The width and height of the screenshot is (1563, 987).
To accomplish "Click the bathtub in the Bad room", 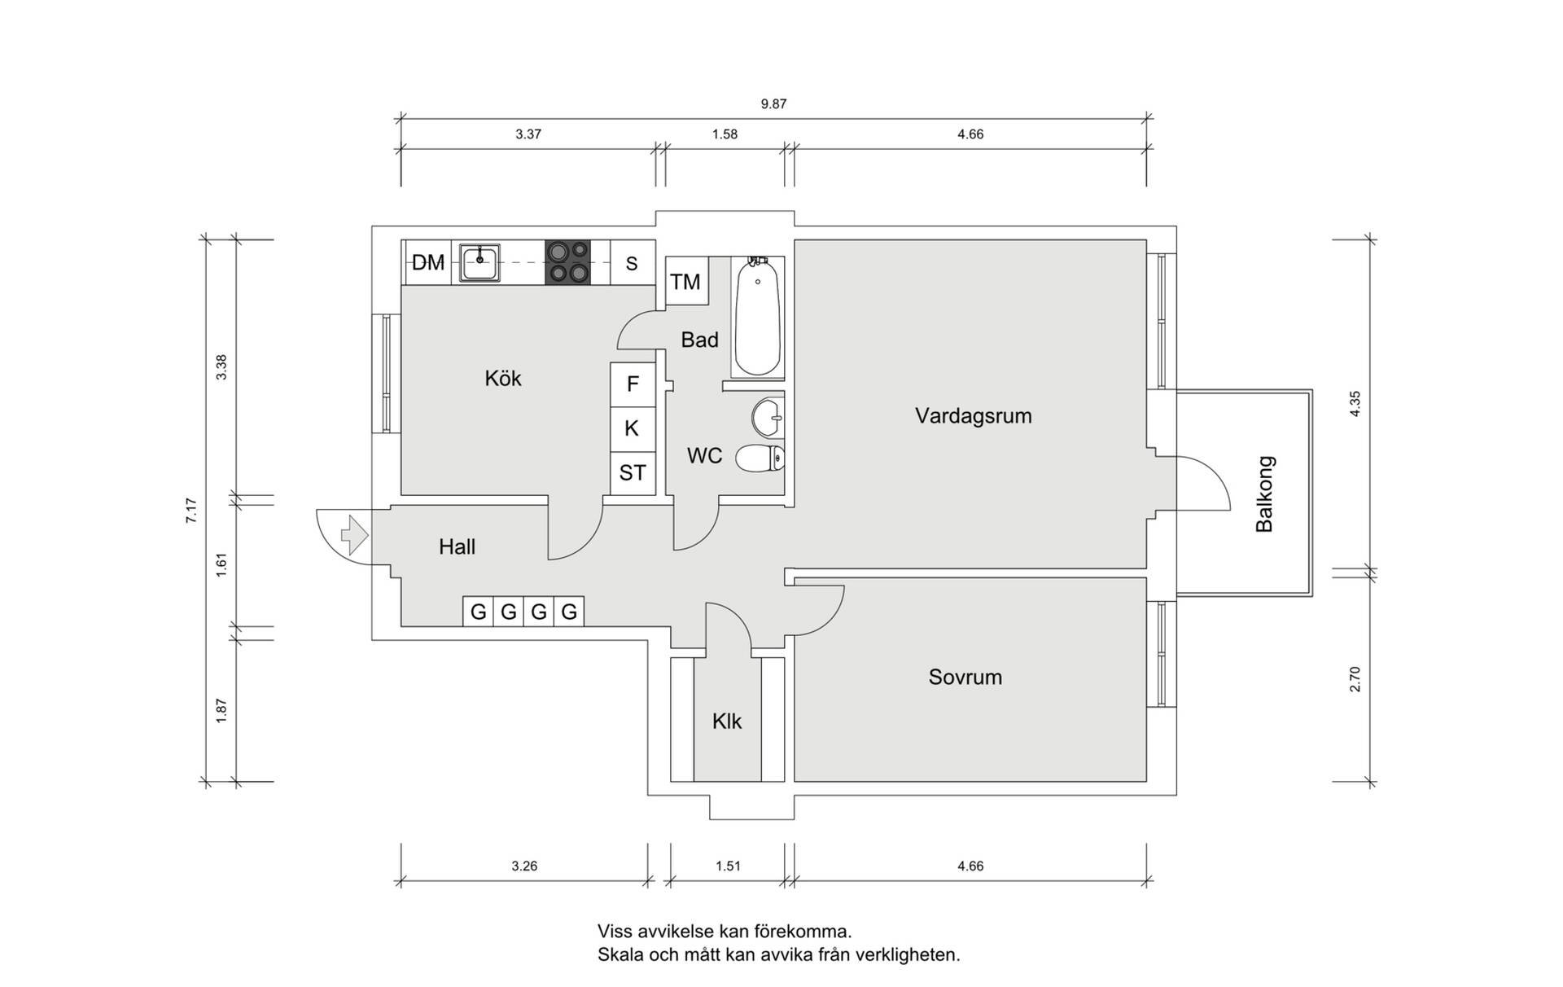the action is (x=757, y=318).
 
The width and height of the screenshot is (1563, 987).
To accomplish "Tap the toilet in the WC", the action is (x=760, y=458).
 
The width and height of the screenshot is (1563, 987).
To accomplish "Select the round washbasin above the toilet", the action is (x=768, y=417).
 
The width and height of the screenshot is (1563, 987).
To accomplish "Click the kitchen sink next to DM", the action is (x=479, y=262).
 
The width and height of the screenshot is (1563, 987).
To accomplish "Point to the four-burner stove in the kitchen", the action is (x=567, y=262).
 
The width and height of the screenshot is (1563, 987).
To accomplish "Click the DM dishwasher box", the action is (x=427, y=262).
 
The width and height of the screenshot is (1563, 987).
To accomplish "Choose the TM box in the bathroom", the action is (x=686, y=281).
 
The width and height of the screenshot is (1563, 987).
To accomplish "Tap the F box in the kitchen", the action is (x=633, y=384).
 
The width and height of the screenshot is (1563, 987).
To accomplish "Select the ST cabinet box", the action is (x=633, y=473).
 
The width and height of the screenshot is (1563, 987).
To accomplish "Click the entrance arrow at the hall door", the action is (x=354, y=535).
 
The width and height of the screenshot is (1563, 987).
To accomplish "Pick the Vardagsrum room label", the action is (x=973, y=415).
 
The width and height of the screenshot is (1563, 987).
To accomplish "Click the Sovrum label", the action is (x=965, y=677).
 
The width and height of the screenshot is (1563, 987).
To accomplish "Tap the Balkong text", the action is (x=1264, y=494).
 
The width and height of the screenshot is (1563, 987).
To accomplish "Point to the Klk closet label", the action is (x=727, y=722).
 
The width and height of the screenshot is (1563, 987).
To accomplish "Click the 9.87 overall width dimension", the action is (x=773, y=104).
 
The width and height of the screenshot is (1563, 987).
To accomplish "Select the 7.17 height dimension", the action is (x=191, y=511).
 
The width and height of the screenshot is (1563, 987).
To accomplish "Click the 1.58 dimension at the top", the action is (x=725, y=134).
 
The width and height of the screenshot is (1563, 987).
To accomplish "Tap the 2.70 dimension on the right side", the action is (x=1355, y=679).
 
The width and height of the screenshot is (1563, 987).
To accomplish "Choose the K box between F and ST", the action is (x=633, y=429).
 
